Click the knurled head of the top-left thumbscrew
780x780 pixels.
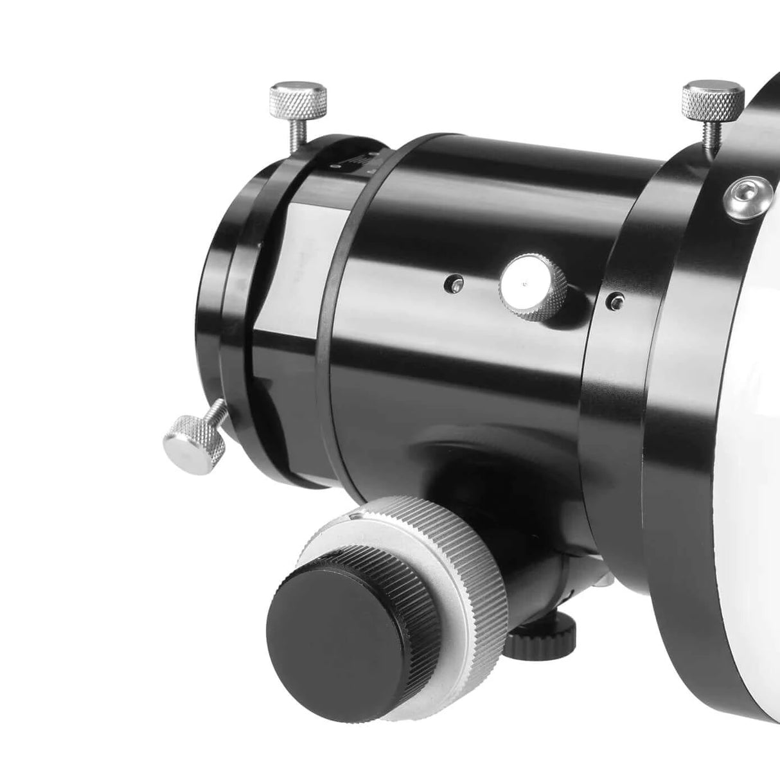(299, 96)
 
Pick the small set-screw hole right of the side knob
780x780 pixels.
(617, 299)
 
